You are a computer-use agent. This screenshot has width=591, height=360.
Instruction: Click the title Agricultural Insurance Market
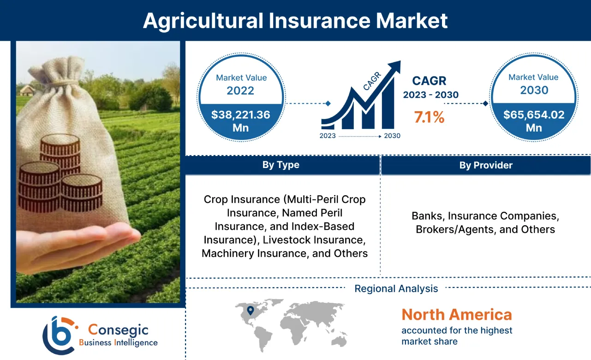[295, 21]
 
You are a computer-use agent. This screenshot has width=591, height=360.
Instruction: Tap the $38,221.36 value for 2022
[240, 114]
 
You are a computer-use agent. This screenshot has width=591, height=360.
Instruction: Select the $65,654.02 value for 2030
[534, 114]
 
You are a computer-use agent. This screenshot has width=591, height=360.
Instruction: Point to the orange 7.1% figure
[429, 118]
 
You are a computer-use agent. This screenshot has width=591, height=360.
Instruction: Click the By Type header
[281, 165]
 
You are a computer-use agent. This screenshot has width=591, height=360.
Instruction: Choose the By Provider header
[486, 165]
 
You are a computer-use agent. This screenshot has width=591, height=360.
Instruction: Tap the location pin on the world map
[250, 311]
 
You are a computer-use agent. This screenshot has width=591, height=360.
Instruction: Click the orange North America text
[457, 315]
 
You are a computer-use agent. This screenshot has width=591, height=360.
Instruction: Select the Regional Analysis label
[396, 289]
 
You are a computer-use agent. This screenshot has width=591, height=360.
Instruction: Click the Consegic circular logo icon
[59, 335]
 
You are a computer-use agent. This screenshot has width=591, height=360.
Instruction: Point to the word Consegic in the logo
[118, 330]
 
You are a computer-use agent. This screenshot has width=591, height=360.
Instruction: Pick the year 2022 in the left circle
[240, 90]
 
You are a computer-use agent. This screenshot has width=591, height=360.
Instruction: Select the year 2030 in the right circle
[534, 90]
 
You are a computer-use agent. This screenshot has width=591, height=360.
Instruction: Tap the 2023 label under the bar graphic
[328, 136]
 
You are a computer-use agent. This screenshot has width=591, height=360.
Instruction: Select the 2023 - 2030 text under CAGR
[430, 95]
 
